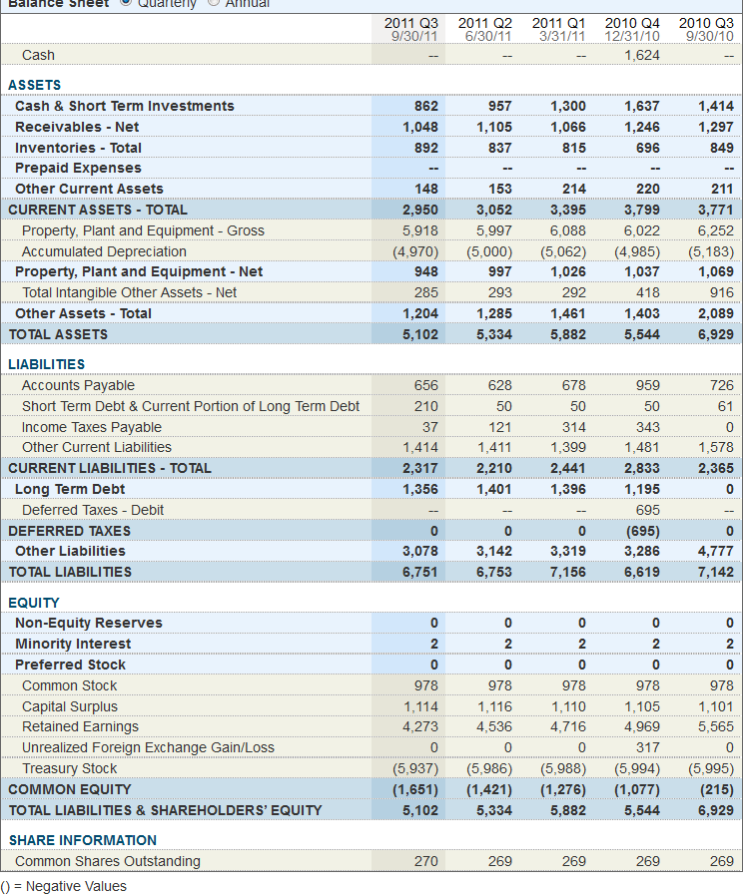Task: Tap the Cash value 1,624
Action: [641, 55]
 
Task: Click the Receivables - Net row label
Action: [77, 127]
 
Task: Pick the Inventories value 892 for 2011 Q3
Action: [424, 148]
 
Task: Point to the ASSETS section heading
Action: [35, 85]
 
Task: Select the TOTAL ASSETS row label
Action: [58, 334]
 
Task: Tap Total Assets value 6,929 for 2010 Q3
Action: [715, 334]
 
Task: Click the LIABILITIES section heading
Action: [47, 364]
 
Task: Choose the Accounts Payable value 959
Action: [643, 385]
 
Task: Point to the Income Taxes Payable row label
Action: [92, 427]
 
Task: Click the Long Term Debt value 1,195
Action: [641, 489]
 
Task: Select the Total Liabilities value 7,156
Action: [567, 572]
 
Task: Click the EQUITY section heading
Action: [34, 603]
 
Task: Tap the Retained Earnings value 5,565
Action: [715, 726]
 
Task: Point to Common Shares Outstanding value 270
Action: [424, 861]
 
